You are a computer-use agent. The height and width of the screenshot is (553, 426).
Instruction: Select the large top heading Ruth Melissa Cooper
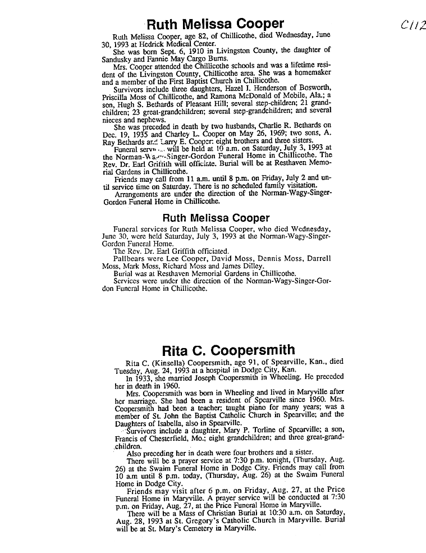(214, 24)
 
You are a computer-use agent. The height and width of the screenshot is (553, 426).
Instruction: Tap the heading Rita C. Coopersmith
(228, 351)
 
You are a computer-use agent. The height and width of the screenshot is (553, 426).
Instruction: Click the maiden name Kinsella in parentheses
(172, 363)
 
